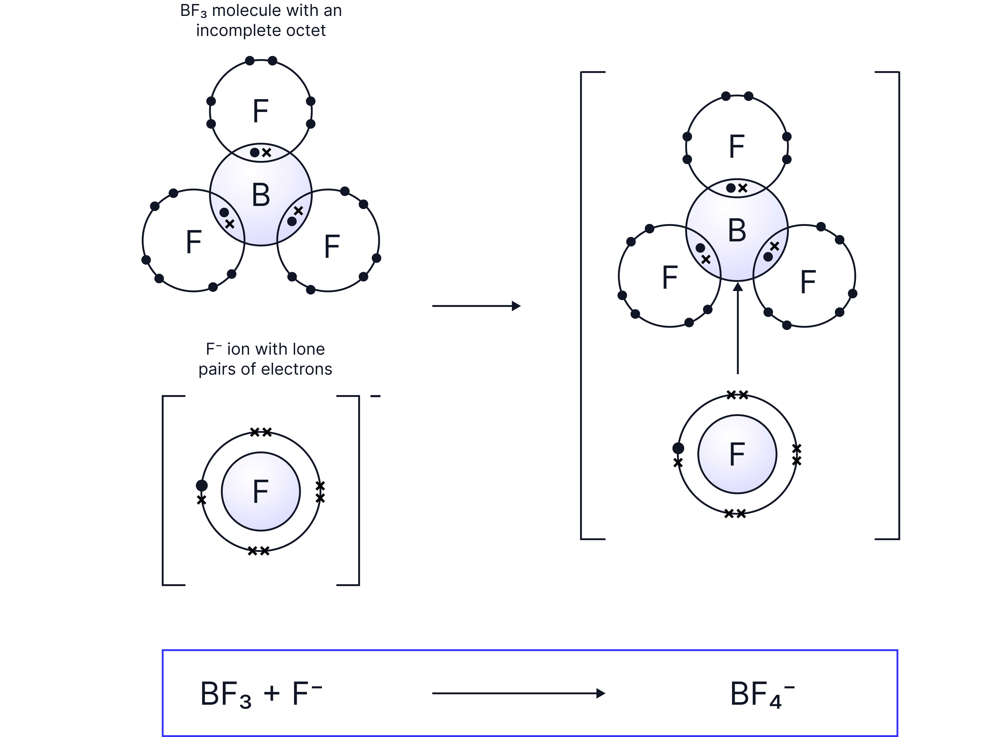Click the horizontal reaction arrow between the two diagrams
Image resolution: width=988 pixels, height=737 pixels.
tap(476, 306)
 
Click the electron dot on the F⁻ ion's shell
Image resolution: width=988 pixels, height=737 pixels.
tap(202, 485)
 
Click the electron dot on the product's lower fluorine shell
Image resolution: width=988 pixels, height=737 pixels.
tap(678, 448)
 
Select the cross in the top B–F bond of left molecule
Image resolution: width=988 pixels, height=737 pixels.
tap(266, 153)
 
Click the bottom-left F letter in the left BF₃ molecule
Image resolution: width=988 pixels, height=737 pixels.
tap(194, 242)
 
